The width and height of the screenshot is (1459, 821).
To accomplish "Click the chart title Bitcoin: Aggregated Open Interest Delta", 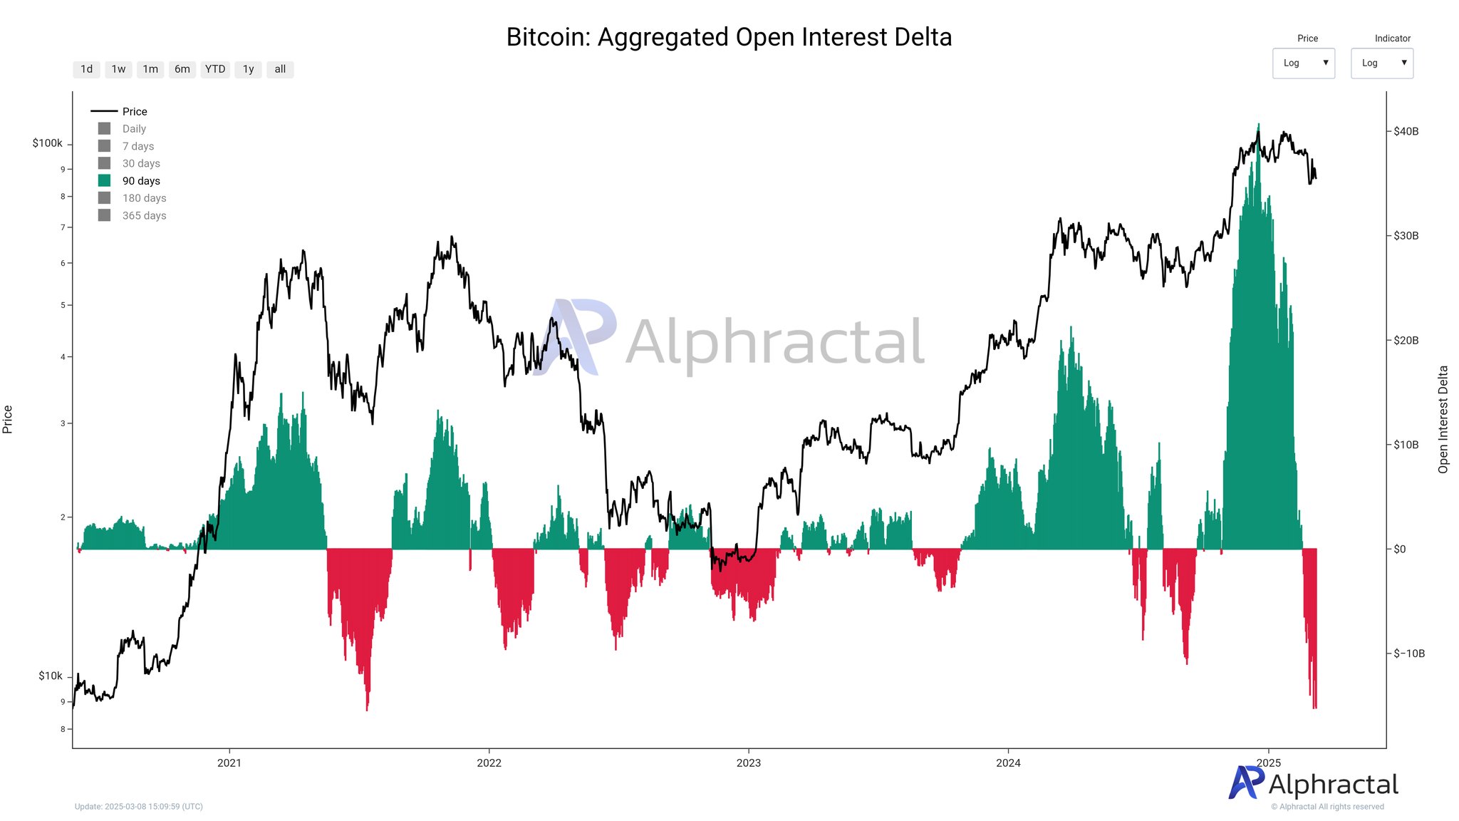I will (729, 37).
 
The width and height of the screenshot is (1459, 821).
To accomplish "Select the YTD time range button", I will (214, 69).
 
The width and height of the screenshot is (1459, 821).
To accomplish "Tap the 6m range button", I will (182, 69).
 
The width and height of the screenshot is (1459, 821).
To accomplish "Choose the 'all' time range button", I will (280, 69).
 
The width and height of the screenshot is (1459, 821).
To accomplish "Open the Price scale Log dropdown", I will (1303, 63).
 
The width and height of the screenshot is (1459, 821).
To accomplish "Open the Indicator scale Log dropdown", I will (1381, 63).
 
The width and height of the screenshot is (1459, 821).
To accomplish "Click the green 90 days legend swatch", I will (105, 181).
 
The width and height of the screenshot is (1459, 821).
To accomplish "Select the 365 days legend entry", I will (144, 215).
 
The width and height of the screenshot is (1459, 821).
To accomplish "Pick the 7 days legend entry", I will (137, 146).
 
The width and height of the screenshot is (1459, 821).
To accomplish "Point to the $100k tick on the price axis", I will (48, 143).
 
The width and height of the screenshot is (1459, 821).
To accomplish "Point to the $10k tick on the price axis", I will (50, 676).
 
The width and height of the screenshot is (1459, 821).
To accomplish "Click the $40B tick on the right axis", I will (1406, 131).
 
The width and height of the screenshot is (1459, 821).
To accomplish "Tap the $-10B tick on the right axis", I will (1409, 654).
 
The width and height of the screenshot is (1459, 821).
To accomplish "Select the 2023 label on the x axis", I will (748, 763).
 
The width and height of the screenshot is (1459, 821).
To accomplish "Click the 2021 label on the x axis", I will (229, 763).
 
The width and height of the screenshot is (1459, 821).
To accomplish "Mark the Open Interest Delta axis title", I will (1443, 419).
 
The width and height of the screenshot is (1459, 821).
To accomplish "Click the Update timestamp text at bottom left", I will (139, 807).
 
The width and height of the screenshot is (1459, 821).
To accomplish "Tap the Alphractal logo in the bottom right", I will (1313, 784).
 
